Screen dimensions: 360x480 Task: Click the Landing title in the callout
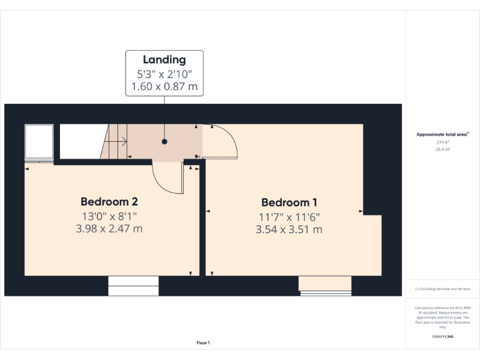click(x=164, y=60)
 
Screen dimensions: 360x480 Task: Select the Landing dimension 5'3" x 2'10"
click(x=164, y=74)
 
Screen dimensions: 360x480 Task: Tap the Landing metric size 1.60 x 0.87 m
click(x=164, y=87)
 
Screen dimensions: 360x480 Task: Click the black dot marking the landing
click(x=164, y=141)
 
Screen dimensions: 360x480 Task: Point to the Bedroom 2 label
click(x=109, y=202)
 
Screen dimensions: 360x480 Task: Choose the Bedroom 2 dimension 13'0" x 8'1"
click(x=109, y=216)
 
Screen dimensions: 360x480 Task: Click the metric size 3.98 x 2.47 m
click(x=109, y=229)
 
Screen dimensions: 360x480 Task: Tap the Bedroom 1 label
click(x=289, y=202)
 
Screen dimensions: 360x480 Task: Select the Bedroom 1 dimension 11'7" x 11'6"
click(x=289, y=217)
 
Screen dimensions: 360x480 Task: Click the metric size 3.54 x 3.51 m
click(x=289, y=229)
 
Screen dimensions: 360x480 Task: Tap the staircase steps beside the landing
click(x=114, y=142)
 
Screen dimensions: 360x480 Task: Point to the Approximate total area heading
click(x=442, y=134)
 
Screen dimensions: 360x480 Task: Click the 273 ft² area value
click(x=442, y=142)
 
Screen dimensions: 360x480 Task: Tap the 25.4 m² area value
click(x=442, y=150)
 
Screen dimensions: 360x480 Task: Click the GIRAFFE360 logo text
click(x=442, y=336)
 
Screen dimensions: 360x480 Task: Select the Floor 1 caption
click(x=203, y=342)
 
